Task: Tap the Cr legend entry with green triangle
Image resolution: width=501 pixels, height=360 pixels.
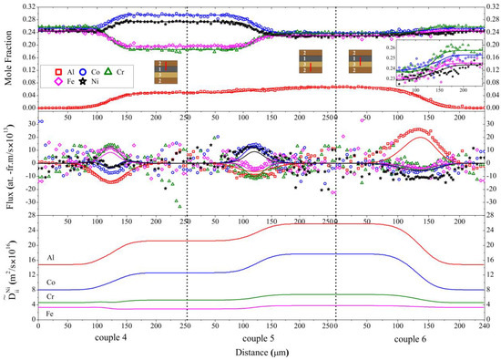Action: point(127,68)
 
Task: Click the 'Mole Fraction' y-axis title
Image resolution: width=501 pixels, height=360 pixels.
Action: point(7,58)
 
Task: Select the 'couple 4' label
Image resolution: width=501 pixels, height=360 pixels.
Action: point(110,338)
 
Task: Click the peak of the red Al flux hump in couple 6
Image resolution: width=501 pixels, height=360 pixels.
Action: point(418,129)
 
